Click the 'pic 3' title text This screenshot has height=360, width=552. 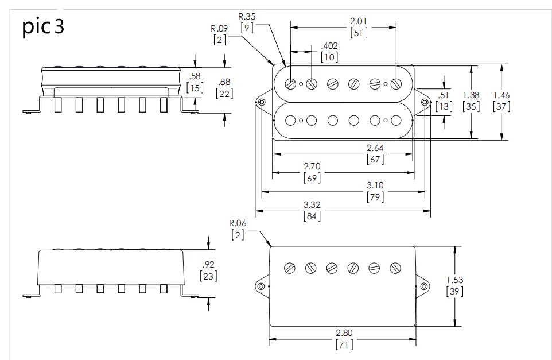[x=43, y=26]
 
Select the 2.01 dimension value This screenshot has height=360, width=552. [x=359, y=21]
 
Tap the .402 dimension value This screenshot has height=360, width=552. [x=329, y=46]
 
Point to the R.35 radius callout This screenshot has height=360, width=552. [x=247, y=16]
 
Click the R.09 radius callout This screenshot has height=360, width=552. [x=219, y=28]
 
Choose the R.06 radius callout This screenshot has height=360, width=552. [x=238, y=223]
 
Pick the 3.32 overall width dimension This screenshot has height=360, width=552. [x=312, y=204]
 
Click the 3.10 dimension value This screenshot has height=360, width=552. [x=375, y=185]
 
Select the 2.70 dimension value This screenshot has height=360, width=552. [x=312, y=167]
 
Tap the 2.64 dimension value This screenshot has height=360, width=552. [x=375, y=148]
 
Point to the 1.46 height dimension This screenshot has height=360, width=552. [x=502, y=95]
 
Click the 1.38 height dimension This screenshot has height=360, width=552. [x=471, y=95]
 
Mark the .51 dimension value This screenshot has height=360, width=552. [x=444, y=95]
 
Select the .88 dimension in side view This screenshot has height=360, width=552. [x=224, y=82]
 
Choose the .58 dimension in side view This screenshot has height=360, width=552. [x=195, y=76]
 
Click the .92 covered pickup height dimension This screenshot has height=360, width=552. [x=208, y=265]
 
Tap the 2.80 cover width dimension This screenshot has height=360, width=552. [x=344, y=333]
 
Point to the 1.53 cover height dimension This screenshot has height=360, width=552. [x=455, y=280]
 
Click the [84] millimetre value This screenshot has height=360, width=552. [x=312, y=216]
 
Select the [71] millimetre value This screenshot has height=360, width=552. [x=344, y=344]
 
